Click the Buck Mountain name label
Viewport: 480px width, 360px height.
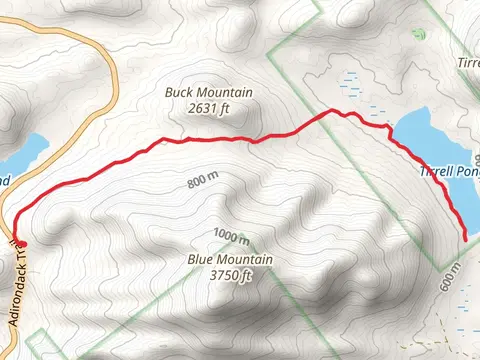click(209, 93)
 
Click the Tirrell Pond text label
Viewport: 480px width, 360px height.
click(450, 171)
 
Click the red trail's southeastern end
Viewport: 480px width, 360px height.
click(467, 235)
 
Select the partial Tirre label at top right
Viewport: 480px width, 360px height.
click(468, 62)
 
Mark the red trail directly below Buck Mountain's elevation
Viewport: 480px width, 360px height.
click(210, 139)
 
